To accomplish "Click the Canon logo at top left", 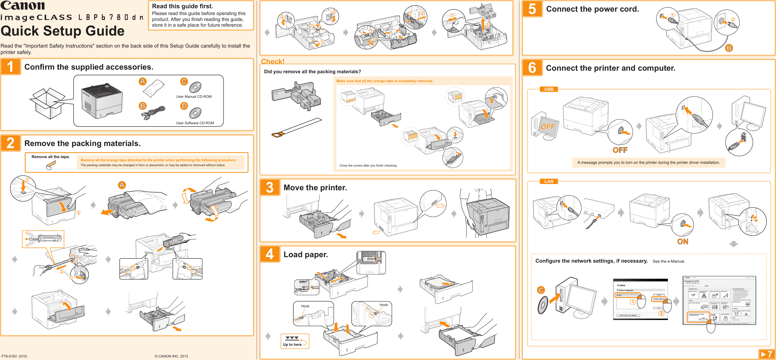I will [23, 6].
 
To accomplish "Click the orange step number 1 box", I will [11, 67].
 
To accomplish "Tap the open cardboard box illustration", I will [47, 103].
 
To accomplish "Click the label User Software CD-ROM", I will [195, 123].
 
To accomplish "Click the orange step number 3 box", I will [270, 187].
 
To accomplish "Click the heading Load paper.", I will [305, 255].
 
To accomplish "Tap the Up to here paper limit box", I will [295, 341].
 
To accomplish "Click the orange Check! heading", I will [272, 61].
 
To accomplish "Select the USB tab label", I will [549, 89].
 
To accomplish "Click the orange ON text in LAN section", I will [682, 241].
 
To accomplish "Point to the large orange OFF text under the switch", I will [620, 150].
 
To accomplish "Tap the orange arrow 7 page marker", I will [766, 354].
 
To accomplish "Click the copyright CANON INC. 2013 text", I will [171, 356].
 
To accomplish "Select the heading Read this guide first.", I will [182, 6].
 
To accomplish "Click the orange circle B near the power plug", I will [729, 48].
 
